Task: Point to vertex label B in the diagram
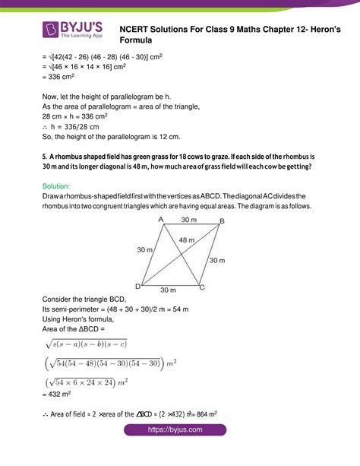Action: coord(221,221)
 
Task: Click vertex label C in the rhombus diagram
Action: coord(201,287)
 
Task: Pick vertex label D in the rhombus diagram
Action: coord(137,287)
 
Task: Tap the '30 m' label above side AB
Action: coord(190,220)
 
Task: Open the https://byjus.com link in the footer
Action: coord(179,451)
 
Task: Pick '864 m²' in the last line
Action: coord(205,414)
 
